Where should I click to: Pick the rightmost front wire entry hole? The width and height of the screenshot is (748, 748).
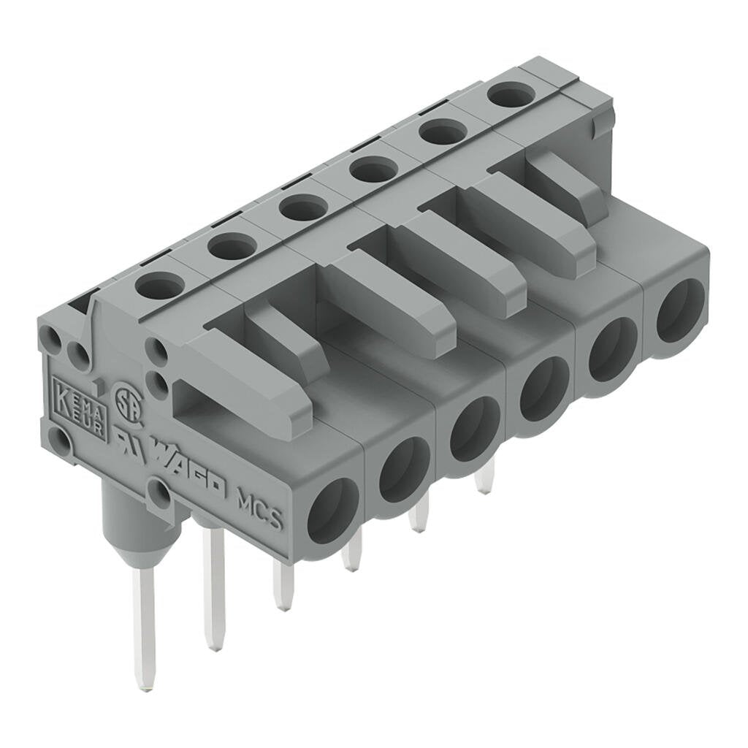(x=681, y=310)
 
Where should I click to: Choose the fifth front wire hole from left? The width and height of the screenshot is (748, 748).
(x=613, y=349)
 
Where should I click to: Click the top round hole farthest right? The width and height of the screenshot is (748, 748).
(x=511, y=95)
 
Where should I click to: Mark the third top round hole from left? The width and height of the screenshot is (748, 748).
(x=302, y=207)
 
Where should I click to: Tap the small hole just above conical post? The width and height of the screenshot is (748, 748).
(x=159, y=495)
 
